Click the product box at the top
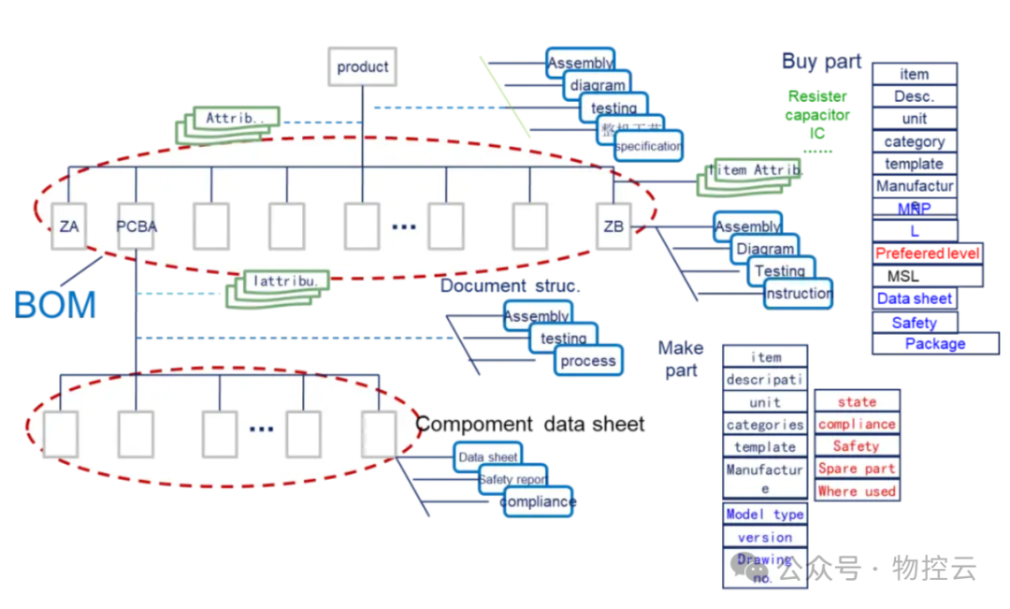362,67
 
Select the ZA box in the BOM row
68,226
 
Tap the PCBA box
137,226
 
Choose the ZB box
613,226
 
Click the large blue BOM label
55,305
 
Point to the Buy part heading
821,62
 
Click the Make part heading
680,358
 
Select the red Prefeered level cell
927,254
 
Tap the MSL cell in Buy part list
902,276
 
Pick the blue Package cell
934,343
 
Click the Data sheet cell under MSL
915,298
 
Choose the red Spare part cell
857,469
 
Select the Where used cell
857,491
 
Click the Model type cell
765,515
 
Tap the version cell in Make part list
765,537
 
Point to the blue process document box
587,360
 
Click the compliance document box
538,501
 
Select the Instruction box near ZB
798,294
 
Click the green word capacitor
817,115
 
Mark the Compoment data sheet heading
530,424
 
